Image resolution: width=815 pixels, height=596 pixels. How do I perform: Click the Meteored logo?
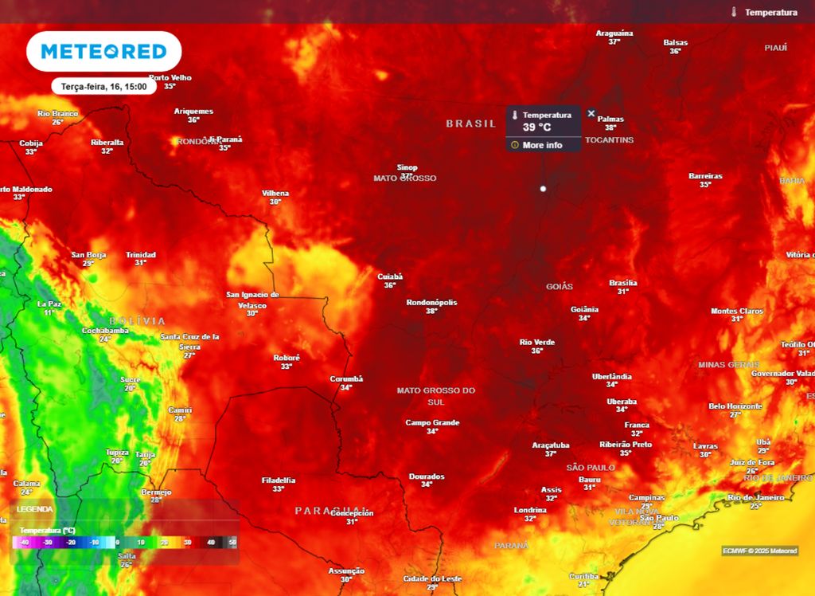click(103, 52)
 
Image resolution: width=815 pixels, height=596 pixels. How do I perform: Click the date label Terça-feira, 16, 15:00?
click(103, 86)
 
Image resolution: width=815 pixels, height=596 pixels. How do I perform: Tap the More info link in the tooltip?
click(542, 145)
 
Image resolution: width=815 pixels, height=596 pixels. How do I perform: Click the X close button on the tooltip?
click(591, 114)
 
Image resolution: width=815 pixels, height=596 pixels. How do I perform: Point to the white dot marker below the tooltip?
click(543, 189)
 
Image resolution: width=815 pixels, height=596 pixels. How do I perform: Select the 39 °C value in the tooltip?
click(537, 127)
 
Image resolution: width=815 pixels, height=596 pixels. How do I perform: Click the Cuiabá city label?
click(390, 276)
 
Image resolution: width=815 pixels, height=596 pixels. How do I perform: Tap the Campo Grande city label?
click(432, 422)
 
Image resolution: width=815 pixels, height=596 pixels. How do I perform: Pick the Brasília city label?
click(623, 283)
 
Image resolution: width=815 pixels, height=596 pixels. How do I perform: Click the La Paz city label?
click(49, 304)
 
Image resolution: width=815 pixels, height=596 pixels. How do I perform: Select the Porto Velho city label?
click(170, 77)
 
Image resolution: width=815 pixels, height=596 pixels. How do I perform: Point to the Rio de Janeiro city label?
click(755, 497)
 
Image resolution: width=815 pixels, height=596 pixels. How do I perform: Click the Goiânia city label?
click(584, 309)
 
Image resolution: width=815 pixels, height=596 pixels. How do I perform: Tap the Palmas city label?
click(610, 119)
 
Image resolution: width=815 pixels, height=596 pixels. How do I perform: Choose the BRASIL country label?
click(470, 124)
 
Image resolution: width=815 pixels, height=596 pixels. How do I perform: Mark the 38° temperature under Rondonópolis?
click(432, 311)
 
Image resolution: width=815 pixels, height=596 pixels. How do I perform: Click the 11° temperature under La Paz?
click(49, 312)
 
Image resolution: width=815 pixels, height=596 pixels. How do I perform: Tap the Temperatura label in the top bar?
click(770, 12)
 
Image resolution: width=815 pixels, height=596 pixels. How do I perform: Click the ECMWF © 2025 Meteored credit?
click(759, 551)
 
